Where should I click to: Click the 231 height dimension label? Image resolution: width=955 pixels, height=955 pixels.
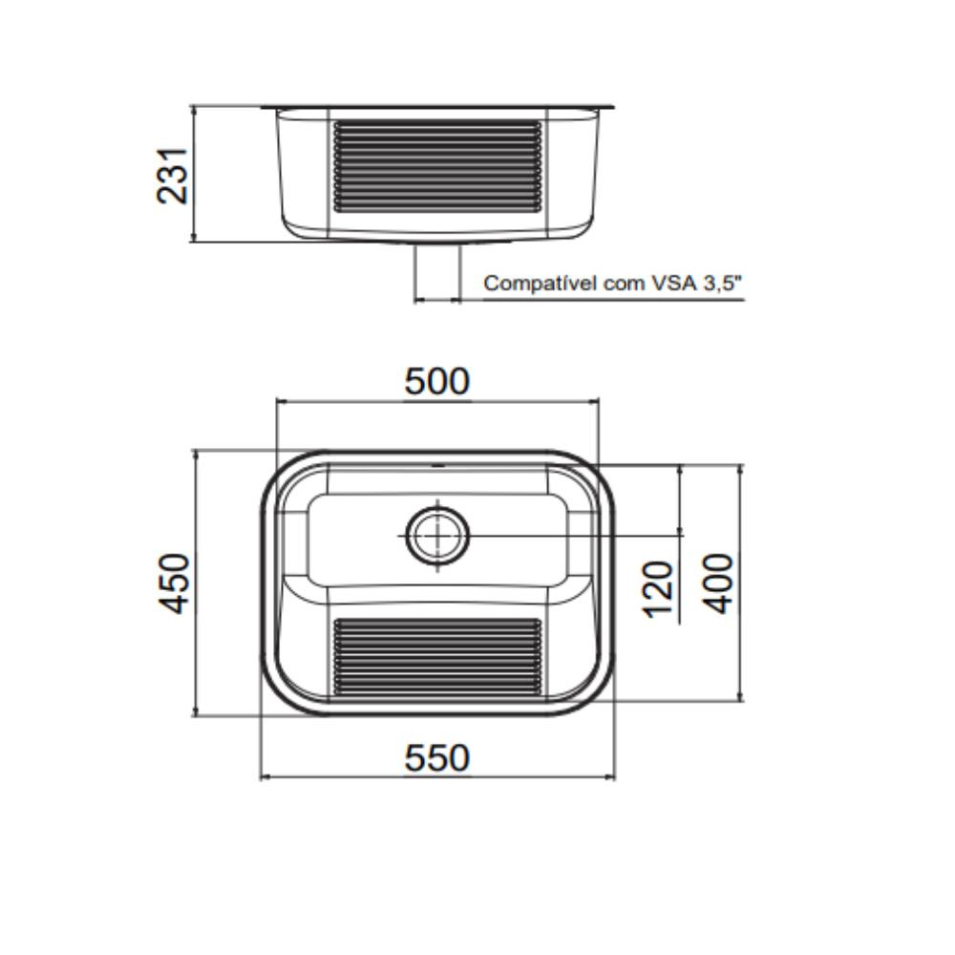[174, 175]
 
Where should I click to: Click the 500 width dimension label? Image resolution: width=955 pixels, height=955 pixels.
[437, 381]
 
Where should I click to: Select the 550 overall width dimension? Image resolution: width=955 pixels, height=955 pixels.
[437, 758]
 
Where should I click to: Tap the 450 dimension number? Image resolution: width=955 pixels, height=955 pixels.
[175, 583]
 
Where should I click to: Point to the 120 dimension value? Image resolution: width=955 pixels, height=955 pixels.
[660, 588]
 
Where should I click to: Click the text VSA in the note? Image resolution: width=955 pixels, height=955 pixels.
[671, 284]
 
